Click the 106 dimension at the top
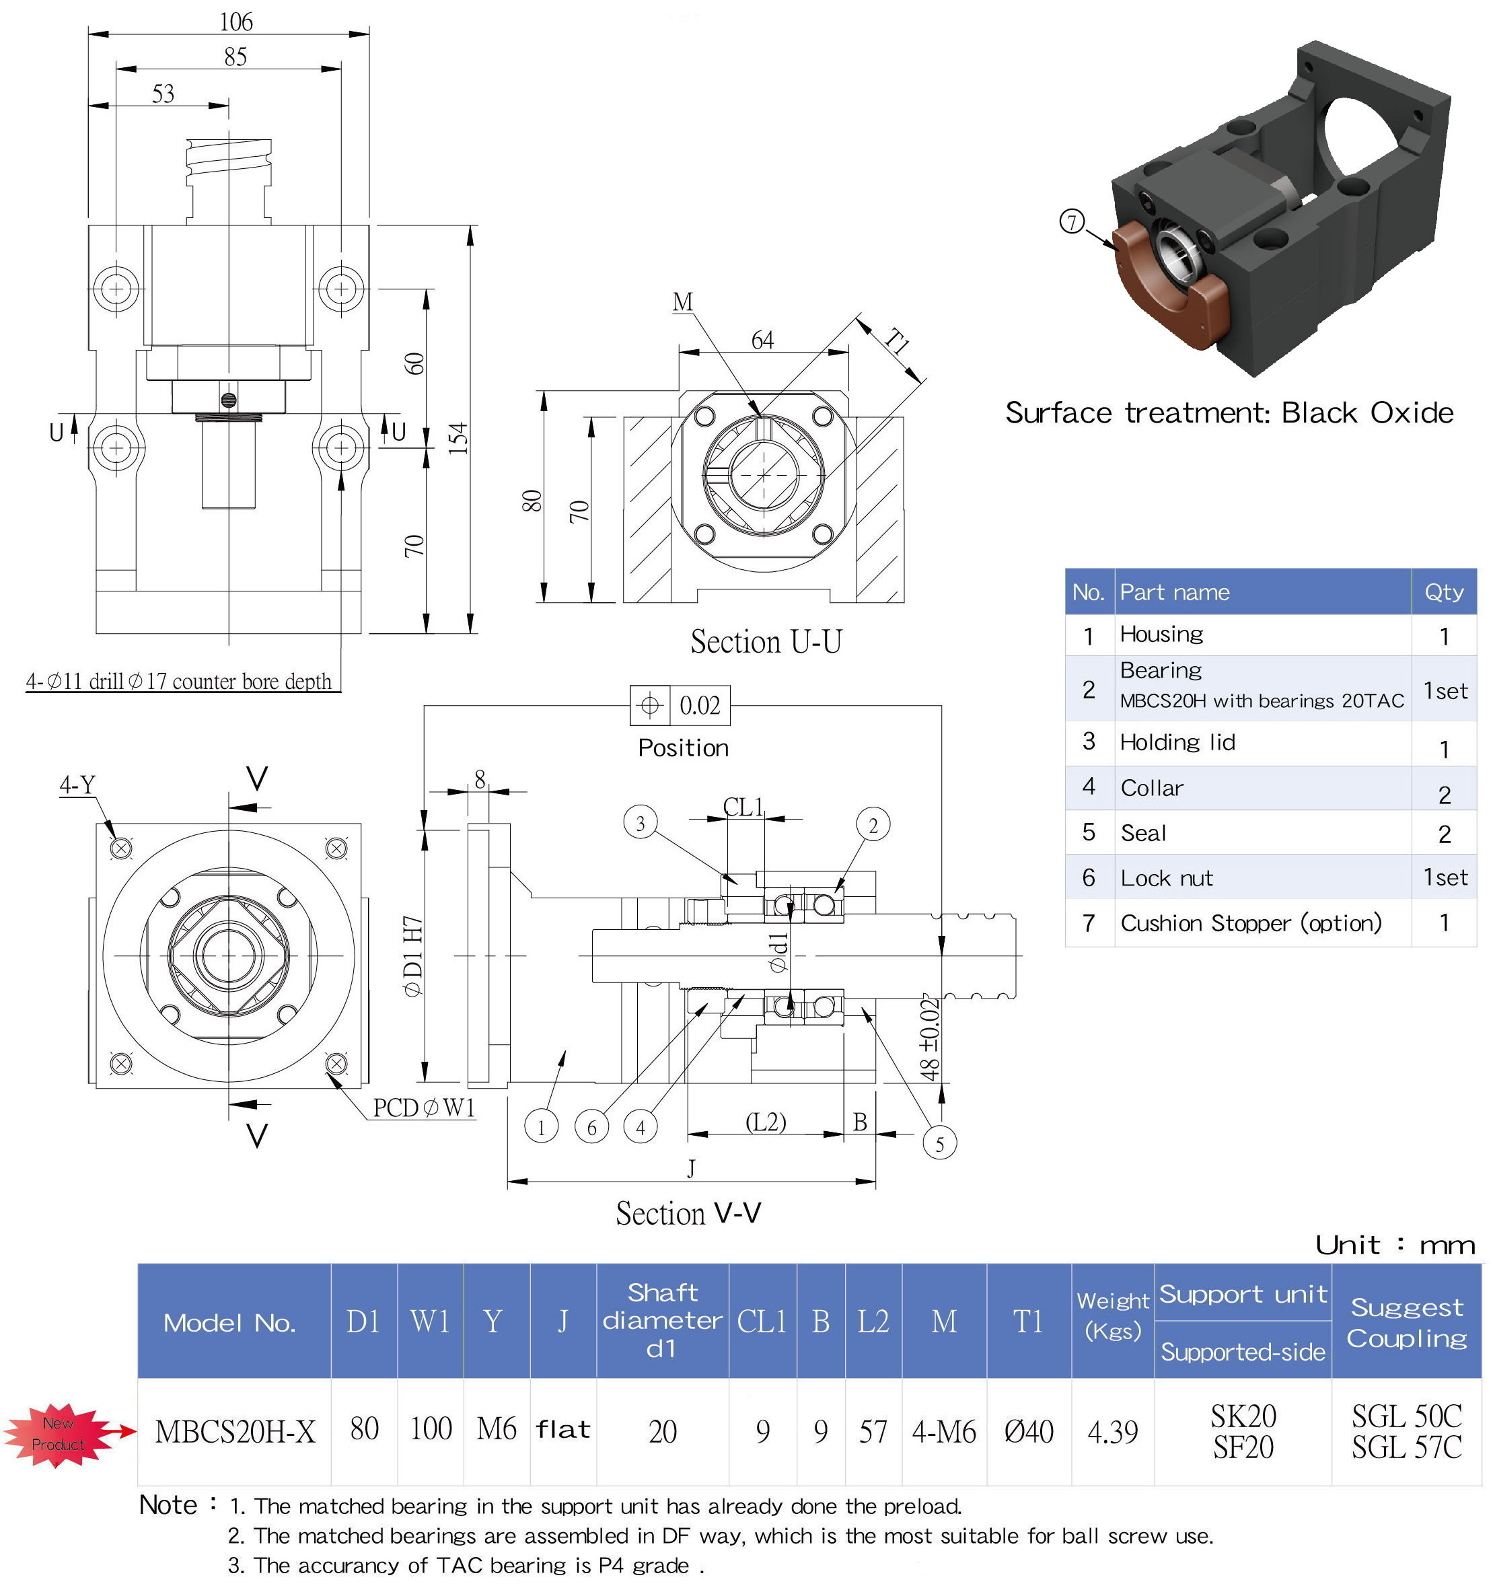[x=236, y=22]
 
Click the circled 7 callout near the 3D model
[x=1072, y=221]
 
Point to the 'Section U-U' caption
[x=766, y=642]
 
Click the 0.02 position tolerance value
[x=700, y=705]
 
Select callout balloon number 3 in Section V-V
[x=640, y=823]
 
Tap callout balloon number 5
[x=940, y=1144]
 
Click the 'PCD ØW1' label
[x=424, y=1108]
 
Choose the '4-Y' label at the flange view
[x=77, y=785]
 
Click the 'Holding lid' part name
[x=1177, y=742]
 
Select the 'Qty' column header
[x=1443, y=592]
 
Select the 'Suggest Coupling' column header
[x=1407, y=1322]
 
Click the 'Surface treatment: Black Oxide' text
[x=1229, y=412]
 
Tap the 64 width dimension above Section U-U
[x=762, y=340]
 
